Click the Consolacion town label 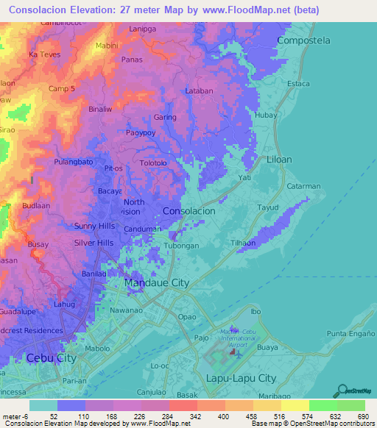188,210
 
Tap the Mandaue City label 157,282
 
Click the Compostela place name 303,41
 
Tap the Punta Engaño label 348,334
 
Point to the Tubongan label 181,246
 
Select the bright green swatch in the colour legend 323,405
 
